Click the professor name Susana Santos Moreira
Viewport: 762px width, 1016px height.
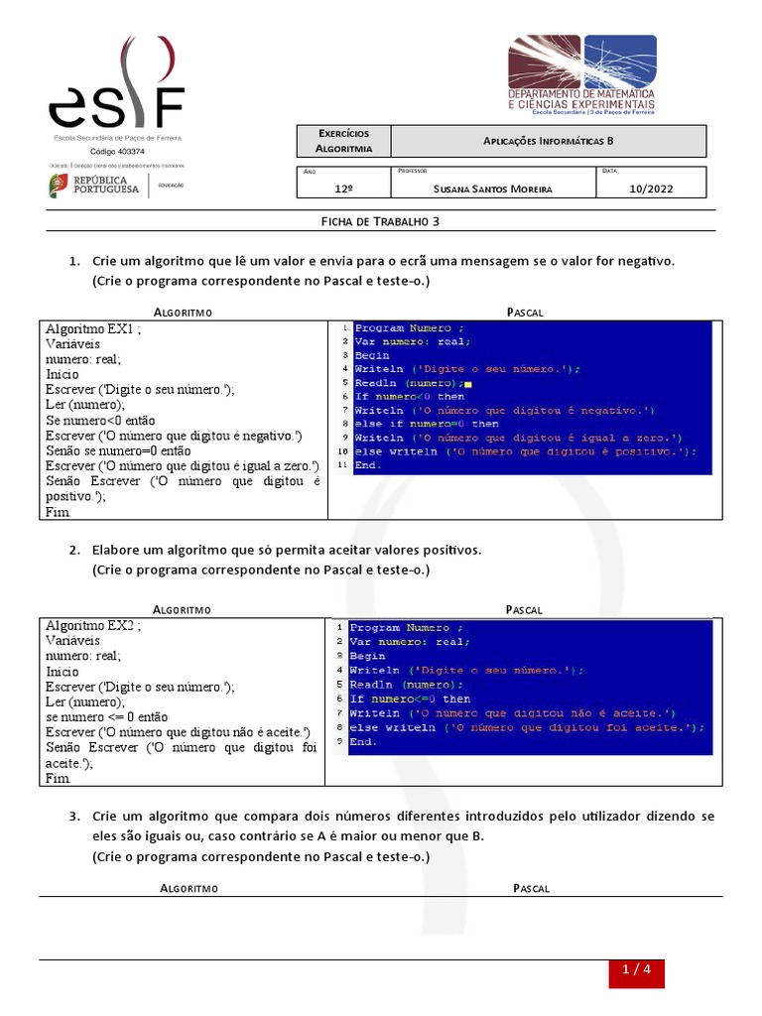[493, 187]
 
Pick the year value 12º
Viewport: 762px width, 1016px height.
[344, 187]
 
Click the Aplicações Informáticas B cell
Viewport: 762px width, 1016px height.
[549, 141]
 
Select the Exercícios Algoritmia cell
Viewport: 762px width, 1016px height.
[343, 141]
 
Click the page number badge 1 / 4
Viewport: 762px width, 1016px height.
[635, 972]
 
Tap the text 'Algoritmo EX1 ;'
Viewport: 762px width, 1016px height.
[93, 329]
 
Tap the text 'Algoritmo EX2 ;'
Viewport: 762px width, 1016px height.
[93, 626]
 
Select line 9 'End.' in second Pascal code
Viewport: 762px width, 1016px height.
[363, 741]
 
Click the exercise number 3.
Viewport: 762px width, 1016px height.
[74, 817]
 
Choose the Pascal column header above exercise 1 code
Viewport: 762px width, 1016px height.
[525, 312]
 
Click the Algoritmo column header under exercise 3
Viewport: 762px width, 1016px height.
[189, 888]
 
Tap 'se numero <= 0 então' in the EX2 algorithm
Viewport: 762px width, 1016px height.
[107, 716]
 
